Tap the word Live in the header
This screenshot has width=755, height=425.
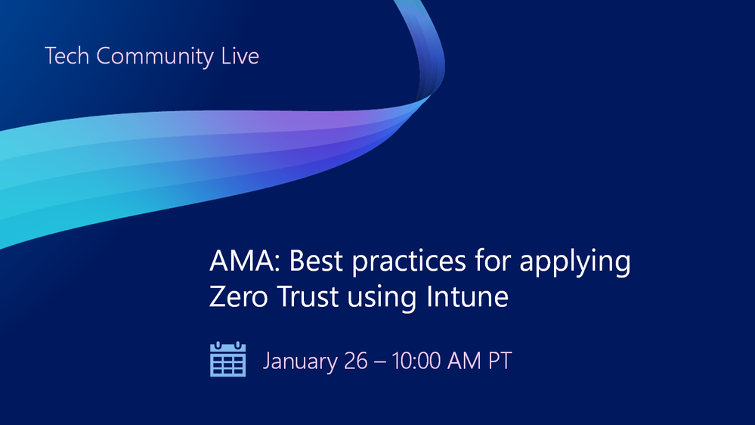click(x=240, y=57)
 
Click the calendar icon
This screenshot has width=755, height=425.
click(x=227, y=359)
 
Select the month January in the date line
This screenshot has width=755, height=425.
click(x=300, y=361)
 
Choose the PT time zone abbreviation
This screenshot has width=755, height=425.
click(x=500, y=361)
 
